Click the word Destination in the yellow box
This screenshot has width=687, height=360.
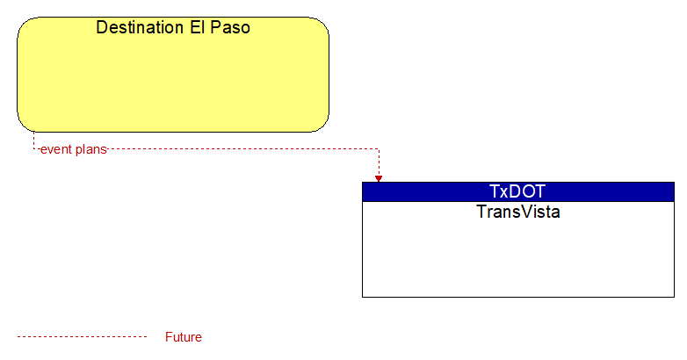[141, 27]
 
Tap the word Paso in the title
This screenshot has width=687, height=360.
[230, 27]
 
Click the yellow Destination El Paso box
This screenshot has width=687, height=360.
[173, 75]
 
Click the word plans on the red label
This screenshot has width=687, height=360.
[90, 150]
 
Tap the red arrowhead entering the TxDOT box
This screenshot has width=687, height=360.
[379, 179]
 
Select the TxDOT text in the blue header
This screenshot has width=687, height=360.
[517, 191]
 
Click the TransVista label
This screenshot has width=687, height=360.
[518, 212]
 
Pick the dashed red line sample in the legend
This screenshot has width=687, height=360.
[82, 337]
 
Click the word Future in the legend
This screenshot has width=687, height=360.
[183, 337]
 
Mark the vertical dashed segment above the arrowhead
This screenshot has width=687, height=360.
[379, 162]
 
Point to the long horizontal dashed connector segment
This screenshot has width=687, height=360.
[243, 149]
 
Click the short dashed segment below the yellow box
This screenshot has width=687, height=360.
[33, 140]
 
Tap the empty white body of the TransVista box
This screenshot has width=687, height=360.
[518, 258]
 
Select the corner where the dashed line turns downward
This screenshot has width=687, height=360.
[379, 149]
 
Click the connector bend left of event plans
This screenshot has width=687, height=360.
[33, 149]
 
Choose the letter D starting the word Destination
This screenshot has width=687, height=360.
[101, 27]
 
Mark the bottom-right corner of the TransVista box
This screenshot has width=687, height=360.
[675, 297]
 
